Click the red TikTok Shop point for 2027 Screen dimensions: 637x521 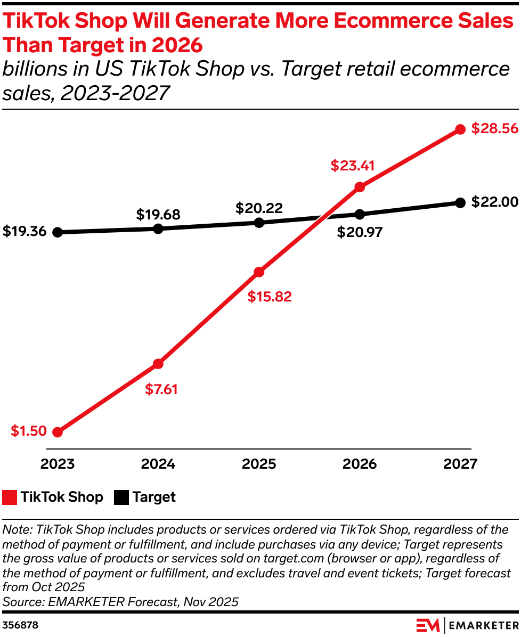(461, 129)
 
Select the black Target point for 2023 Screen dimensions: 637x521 (58, 232)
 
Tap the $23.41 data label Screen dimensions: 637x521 (352, 166)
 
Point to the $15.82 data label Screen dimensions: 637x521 (270, 297)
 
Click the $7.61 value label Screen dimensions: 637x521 (161, 389)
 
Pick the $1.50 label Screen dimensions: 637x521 (29, 431)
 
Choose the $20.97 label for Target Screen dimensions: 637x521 (360, 232)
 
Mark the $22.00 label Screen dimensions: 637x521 (494, 202)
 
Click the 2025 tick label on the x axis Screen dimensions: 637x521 (259, 464)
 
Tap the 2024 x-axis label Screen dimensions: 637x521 (158, 464)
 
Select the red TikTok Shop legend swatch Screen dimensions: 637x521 (10, 497)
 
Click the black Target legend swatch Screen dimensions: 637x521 (121, 497)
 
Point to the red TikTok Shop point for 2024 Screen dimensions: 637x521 (158, 364)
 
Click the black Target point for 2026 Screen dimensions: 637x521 (360, 214)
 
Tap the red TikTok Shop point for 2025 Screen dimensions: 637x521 (259, 272)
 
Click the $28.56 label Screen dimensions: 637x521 (494, 129)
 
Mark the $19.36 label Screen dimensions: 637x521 (24, 232)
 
